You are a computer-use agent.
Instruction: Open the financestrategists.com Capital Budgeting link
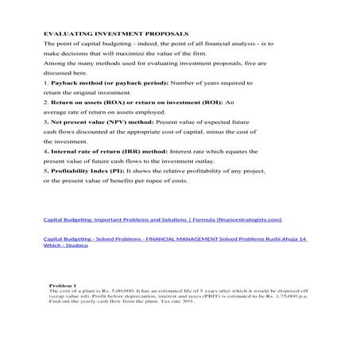point(162,219)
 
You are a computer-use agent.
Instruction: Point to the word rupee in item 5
point(161,180)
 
